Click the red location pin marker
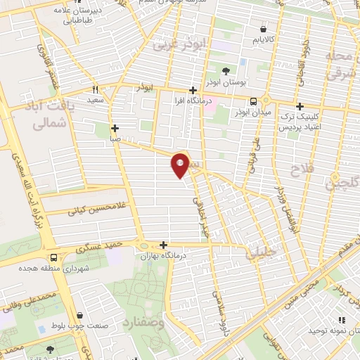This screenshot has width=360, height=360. point(181,165)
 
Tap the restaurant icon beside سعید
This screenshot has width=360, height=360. point(96,89)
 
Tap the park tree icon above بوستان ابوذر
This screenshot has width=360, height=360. point(226,71)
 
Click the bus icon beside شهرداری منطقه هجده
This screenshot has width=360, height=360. point(54,257)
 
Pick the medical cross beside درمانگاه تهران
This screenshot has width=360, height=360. point(164,245)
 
